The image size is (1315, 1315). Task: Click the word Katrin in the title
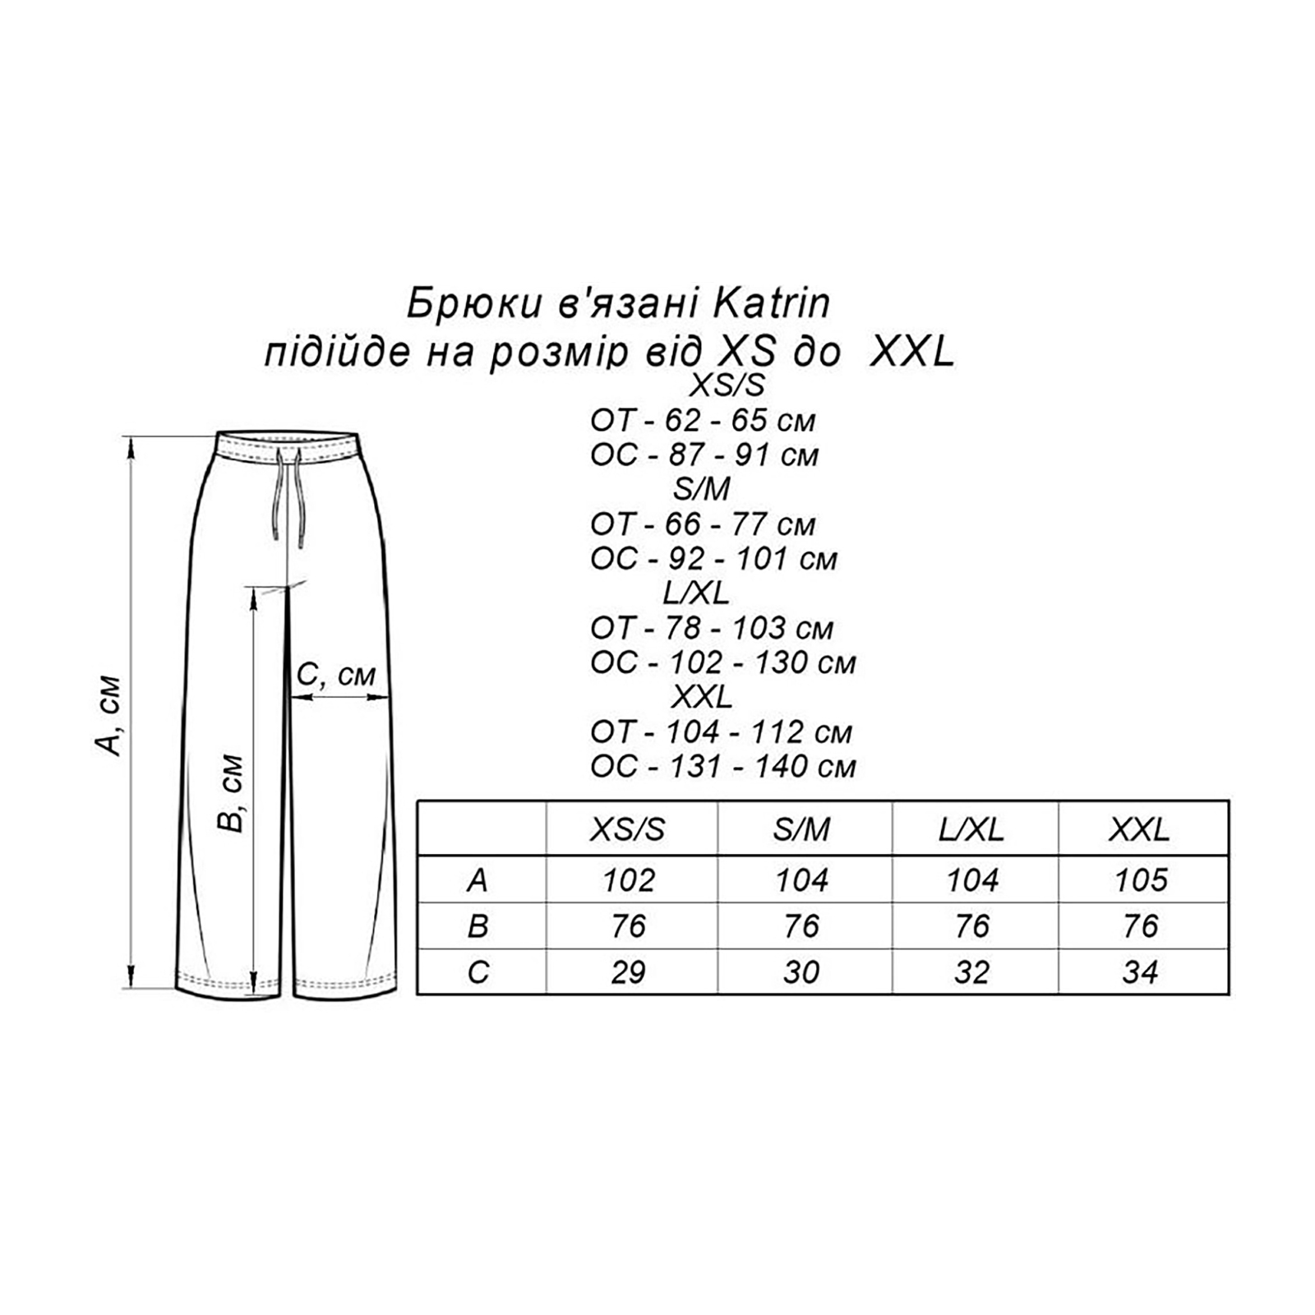(771, 304)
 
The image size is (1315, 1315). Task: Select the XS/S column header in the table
(628, 830)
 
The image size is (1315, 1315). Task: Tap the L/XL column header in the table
(971, 830)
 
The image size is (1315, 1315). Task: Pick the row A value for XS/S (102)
(629, 880)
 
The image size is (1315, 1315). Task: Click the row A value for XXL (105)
(1141, 880)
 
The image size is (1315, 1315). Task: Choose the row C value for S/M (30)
(801, 972)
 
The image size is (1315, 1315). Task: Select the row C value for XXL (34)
(1141, 972)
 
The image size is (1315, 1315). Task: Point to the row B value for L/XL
(972, 926)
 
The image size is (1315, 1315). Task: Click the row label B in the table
(478, 926)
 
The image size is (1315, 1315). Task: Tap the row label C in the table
(478, 972)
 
